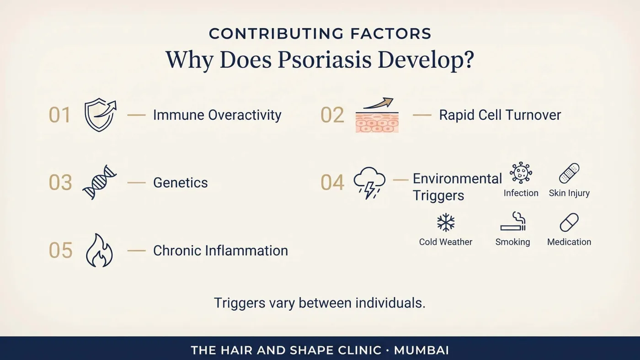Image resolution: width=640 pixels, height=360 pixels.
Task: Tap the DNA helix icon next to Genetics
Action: (100, 182)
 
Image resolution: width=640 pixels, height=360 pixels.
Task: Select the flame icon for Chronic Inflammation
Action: (100, 250)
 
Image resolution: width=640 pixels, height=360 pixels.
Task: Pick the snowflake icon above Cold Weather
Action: (446, 222)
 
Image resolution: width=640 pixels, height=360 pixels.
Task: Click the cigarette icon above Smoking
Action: (513, 221)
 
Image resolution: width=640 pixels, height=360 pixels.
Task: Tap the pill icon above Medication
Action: (569, 222)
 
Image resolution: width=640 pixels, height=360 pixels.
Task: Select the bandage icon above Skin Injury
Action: (569, 173)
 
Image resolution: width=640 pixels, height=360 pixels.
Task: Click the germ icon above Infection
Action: (521, 172)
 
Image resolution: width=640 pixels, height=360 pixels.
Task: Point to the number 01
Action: (59, 115)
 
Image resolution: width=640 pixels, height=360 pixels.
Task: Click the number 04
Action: (332, 182)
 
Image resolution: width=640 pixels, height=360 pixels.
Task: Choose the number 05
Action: (60, 250)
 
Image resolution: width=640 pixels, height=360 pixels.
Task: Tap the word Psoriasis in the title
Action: (325, 60)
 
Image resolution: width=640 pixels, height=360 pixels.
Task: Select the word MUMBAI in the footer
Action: (421, 350)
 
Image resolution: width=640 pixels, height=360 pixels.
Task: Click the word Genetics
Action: (180, 183)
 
